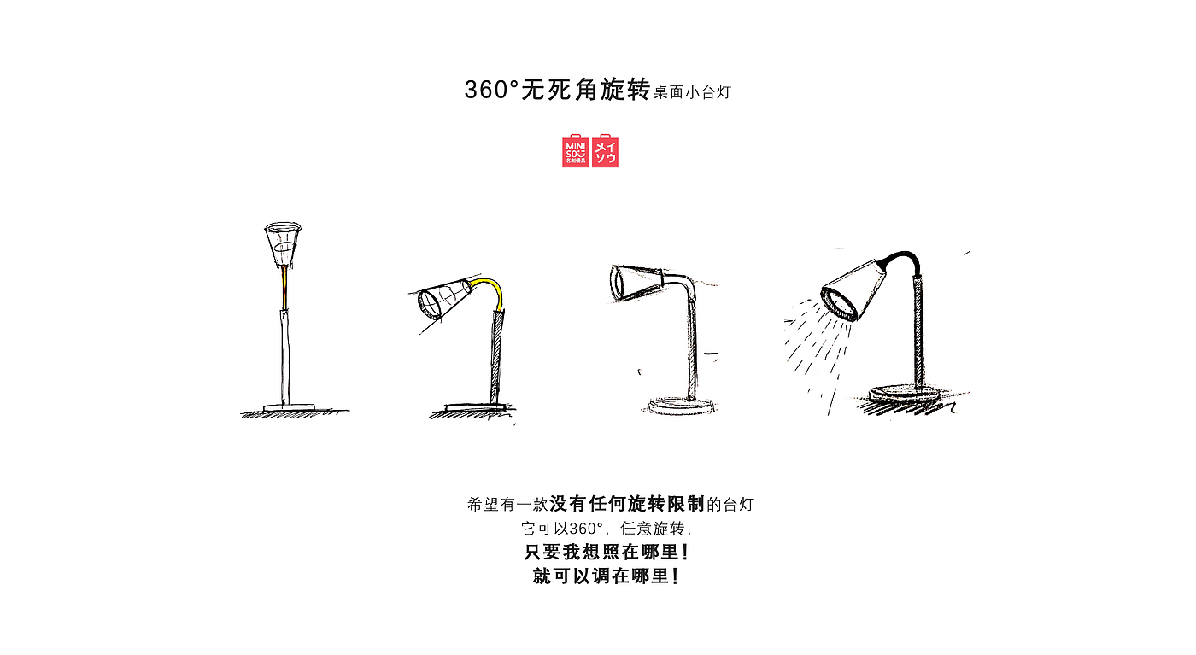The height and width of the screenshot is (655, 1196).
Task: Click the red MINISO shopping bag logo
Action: [575, 151]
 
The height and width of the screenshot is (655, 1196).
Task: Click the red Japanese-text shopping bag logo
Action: [606, 151]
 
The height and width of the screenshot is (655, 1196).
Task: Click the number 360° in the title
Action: [492, 90]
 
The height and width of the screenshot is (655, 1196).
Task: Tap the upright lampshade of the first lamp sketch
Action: [283, 243]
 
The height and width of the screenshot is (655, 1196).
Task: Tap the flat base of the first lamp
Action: [289, 407]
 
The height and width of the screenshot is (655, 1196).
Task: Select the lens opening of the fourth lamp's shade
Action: [839, 304]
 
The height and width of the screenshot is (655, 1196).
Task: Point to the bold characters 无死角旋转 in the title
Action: [585, 90]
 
